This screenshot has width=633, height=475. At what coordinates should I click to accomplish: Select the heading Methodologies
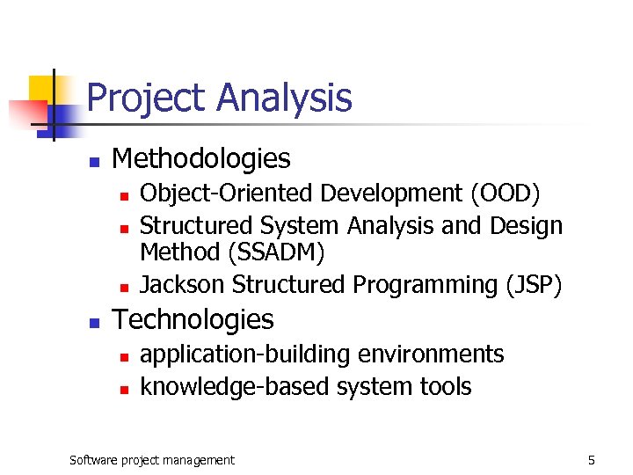point(201,159)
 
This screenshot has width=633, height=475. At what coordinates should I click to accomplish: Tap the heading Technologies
point(193,319)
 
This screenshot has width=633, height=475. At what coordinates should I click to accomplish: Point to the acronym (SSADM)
point(276,253)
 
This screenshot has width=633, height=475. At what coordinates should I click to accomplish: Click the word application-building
point(244,354)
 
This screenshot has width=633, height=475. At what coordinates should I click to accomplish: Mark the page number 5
point(592,460)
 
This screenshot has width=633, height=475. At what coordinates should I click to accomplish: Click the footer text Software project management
point(152,460)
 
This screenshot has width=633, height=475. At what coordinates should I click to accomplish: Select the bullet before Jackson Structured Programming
point(124,288)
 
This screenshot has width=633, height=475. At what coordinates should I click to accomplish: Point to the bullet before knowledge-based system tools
point(124,389)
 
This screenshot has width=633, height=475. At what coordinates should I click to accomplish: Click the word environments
point(430,354)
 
